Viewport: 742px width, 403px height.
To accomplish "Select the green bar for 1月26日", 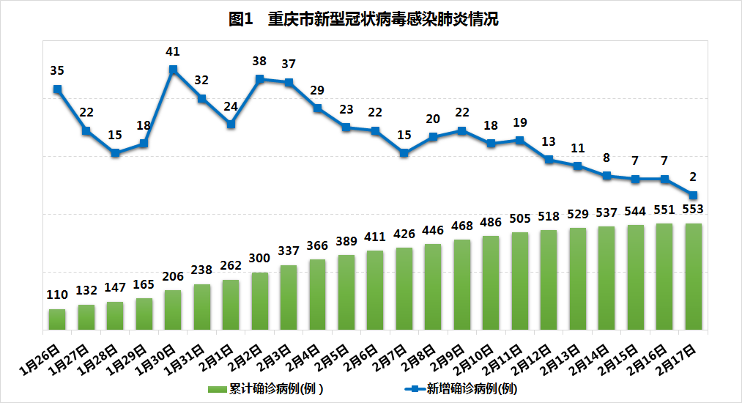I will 57,319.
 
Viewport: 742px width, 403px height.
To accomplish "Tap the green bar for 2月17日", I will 693,276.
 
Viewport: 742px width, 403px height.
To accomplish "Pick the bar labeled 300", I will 259,300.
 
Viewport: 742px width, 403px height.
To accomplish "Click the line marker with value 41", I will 173,70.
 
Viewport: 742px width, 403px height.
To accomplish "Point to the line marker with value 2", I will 693,194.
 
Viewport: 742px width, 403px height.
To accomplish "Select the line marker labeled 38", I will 259,79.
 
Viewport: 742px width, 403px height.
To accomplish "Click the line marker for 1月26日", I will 57,89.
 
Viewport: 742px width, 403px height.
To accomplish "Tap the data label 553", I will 693,209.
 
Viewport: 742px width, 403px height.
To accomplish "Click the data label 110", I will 57,295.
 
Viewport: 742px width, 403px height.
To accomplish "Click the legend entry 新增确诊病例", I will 461,388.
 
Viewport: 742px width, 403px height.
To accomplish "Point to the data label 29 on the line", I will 317,90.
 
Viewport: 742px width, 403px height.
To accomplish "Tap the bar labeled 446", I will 433,286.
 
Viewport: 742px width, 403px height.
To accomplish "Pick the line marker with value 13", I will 549,159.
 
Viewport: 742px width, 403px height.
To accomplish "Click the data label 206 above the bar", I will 173,276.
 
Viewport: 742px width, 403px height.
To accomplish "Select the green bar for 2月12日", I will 549,279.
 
